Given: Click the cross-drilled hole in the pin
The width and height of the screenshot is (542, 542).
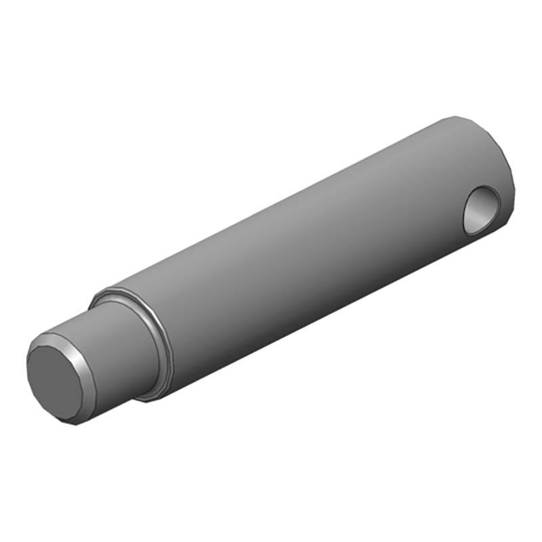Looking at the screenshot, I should (x=482, y=209).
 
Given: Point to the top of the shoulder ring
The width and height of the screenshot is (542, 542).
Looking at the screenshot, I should (x=102, y=293).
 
